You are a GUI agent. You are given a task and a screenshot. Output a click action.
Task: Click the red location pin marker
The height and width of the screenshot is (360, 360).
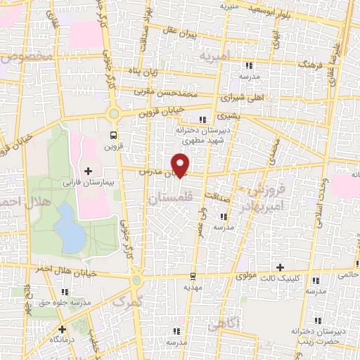click(182, 165)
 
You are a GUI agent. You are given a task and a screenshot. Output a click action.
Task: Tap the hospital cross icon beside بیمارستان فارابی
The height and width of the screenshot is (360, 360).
click(87, 171)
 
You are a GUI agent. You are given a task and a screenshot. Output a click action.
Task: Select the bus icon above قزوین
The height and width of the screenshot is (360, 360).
click(114, 136)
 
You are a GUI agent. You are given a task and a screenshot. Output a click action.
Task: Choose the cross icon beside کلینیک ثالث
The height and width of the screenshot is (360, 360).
click(281, 267)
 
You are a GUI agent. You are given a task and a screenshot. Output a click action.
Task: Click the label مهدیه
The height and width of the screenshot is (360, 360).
click(193, 287)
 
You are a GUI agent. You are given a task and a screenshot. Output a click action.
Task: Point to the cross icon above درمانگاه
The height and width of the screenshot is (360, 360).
click(63, 328)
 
